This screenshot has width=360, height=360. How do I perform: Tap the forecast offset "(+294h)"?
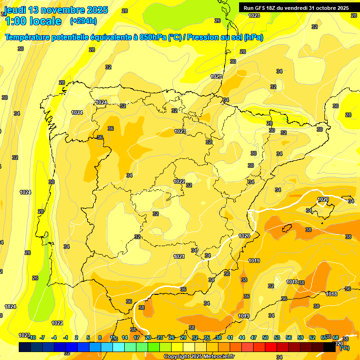pyautogui.click(x=83, y=21)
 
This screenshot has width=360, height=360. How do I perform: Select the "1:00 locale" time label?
pyautogui.click(x=33, y=21)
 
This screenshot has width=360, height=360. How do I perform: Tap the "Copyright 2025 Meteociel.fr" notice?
pyautogui.click(x=199, y=357)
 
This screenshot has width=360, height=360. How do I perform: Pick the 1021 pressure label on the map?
pyautogui.click(x=179, y=256)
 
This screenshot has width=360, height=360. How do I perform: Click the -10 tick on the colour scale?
pyautogui.click(x=31, y=337)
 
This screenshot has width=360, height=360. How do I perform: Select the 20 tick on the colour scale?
pyautogui.click(x=148, y=337)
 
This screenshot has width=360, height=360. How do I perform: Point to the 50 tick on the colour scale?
pyautogui.click(x=265, y=337)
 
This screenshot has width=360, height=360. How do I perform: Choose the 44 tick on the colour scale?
pyautogui.click(x=242, y=337)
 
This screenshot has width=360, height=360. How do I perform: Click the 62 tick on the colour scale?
pyautogui.click(x=312, y=337)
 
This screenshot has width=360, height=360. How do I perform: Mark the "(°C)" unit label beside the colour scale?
pyautogui.click(x=344, y=348)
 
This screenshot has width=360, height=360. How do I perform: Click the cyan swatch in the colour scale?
pyautogui.click(x=119, y=347)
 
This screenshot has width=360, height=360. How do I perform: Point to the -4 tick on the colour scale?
pyautogui.click(x=54, y=337)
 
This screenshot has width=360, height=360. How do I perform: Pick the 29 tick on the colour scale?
pyautogui.click(x=183, y=337)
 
